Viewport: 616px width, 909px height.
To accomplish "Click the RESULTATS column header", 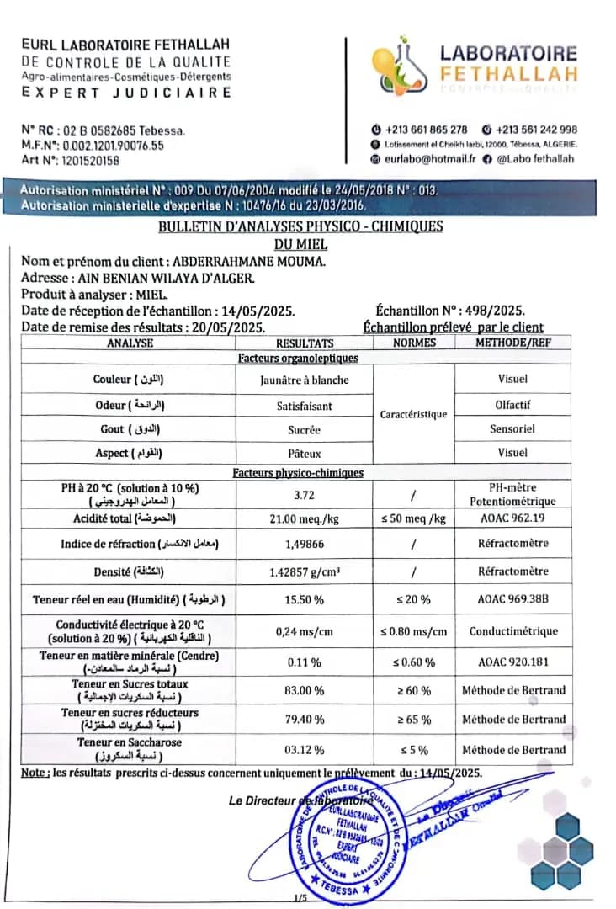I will click(305, 343).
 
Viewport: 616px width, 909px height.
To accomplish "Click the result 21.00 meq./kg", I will click(305, 518).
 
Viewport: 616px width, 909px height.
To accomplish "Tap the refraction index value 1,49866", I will click(305, 544).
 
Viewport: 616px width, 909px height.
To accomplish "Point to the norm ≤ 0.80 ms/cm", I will click(413, 631).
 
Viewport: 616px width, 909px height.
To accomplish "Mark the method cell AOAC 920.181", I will click(513, 662).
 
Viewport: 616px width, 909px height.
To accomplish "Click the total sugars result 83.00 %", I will click(305, 690).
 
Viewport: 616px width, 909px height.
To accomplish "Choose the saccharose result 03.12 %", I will click(305, 749).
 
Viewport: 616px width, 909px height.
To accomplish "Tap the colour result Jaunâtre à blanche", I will click(305, 380).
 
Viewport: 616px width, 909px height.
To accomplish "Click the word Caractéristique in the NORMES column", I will click(413, 414).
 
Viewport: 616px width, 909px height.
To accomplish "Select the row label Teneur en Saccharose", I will click(129, 742).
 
